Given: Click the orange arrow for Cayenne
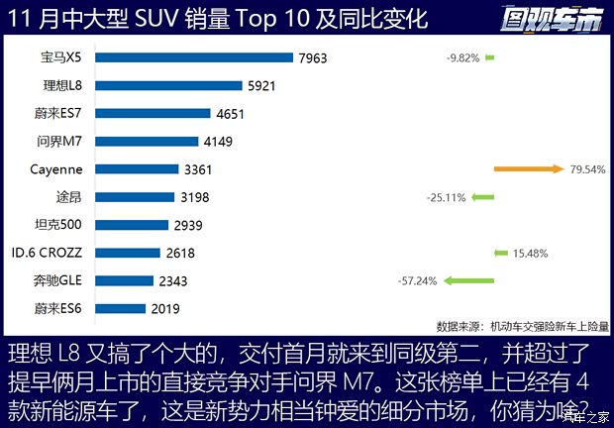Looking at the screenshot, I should pyautogui.click(x=528, y=169).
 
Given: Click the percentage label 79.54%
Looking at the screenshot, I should pyautogui.click(x=587, y=169).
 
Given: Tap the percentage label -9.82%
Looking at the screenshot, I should pyautogui.click(x=462, y=58).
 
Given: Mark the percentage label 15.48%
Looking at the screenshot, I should pyautogui.click(x=530, y=254).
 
